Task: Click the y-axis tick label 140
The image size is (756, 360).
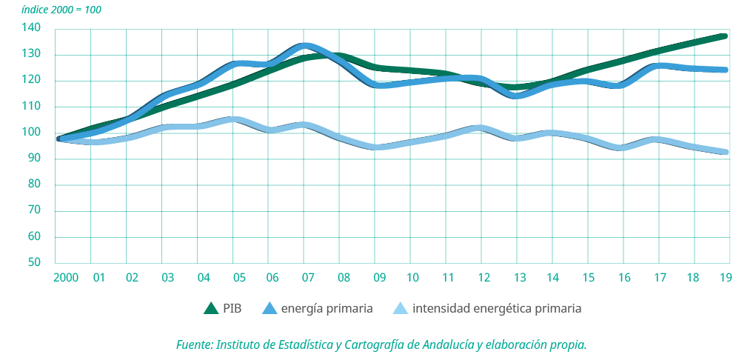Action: (x=41, y=28)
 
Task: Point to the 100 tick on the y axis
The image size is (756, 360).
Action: (x=41, y=133)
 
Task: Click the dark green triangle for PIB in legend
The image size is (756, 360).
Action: (x=211, y=308)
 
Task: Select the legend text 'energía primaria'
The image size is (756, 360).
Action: (x=327, y=308)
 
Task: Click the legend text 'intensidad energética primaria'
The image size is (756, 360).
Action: (x=497, y=308)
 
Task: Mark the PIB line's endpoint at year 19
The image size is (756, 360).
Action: (x=726, y=36)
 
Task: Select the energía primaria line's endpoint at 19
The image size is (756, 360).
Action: (x=726, y=70)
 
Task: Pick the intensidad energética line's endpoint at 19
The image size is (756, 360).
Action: (x=726, y=153)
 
